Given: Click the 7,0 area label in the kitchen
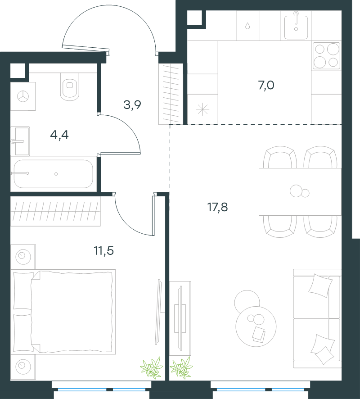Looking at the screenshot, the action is (x=266, y=85).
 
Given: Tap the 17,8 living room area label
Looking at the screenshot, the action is (x=218, y=207).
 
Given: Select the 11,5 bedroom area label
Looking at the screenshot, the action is (x=104, y=251).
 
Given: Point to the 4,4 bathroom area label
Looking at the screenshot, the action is (x=59, y=135).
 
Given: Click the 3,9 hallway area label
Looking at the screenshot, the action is (x=132, y=104).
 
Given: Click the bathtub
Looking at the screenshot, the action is (x=54, y=174).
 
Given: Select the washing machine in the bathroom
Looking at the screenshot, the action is (x=23, y=96).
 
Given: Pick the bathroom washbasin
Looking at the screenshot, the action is (x=20, y=141).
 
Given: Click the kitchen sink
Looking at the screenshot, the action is (x=296, y=26).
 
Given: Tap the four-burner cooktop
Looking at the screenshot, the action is (x=326, y=56).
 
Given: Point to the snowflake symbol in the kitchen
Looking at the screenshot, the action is (x=202, y=110).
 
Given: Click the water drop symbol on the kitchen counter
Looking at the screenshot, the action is (x=247, y=26).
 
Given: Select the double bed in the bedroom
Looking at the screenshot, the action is (x=63, y=312).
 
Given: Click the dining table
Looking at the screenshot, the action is (x=300, y=191).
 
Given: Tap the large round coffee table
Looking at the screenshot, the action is (x=256, y=326).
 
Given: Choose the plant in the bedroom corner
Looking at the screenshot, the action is (x=152, y=367).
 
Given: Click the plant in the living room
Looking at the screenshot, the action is (x=181, y=367).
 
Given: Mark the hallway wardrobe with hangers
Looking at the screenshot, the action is (x=171, y=94).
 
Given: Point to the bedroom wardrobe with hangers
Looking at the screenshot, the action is (x=55, y=211).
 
